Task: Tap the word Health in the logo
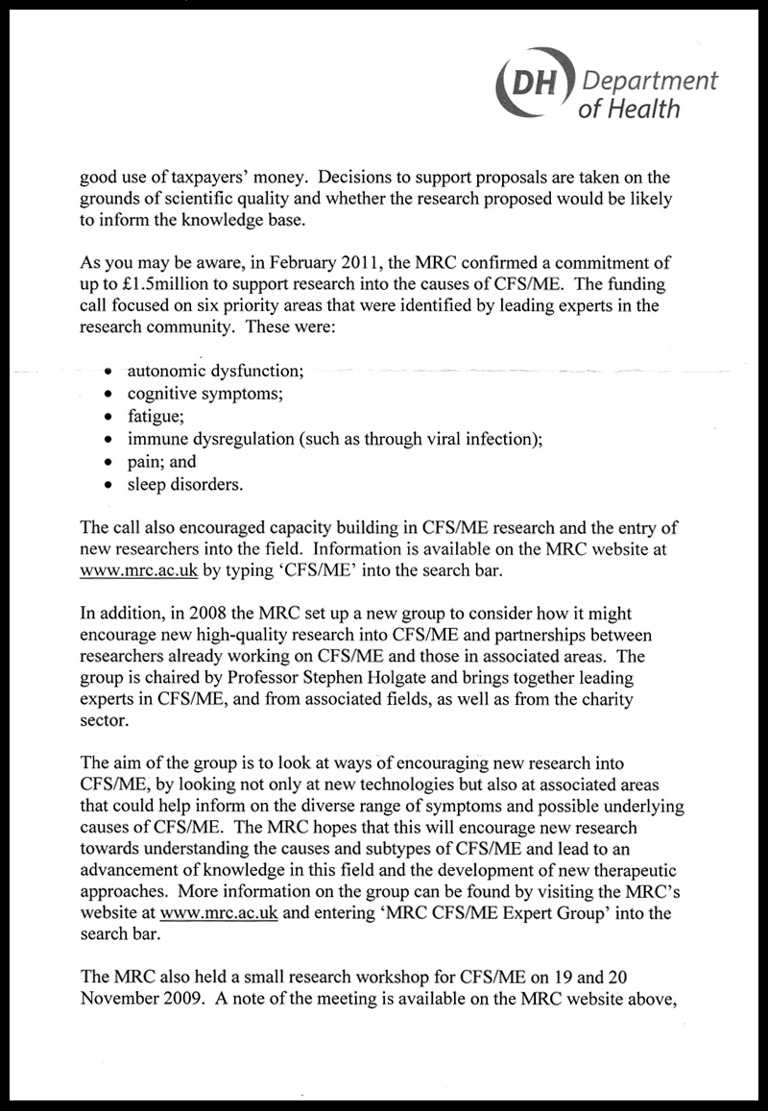tap(645, 108)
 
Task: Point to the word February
tap(295, 262)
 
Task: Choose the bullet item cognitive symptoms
tap(204, 393)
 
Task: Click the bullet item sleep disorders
tap(184, 485)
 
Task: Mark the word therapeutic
tap(633, 870)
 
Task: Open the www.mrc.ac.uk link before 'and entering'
tap(220, 913)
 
